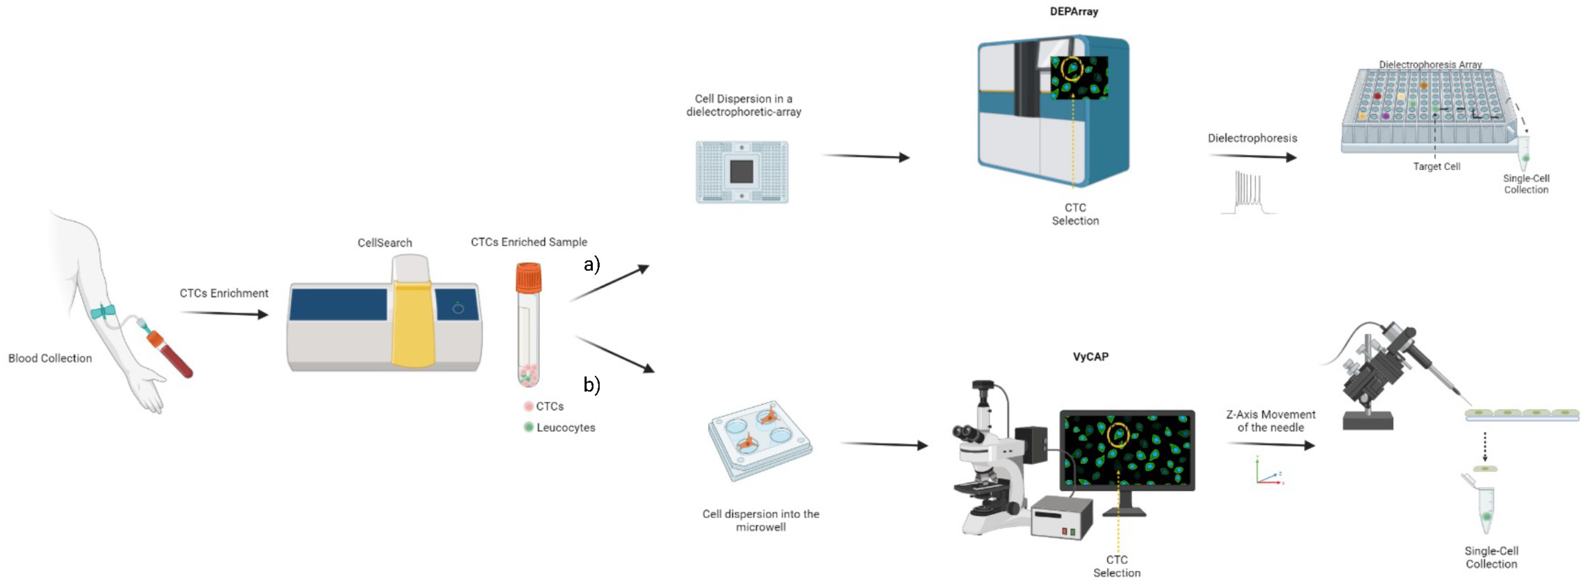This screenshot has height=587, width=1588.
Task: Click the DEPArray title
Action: (x=1074, y=11)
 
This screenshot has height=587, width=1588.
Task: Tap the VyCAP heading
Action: (x=1090, y=357)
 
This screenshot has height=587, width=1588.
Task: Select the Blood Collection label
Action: (x=50, y=358)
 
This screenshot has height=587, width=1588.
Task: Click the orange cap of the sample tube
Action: (x=528, y=277)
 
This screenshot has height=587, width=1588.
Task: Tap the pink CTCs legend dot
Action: (x=528, y=406)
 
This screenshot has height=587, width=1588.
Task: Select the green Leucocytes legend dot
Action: (x=528, y=427)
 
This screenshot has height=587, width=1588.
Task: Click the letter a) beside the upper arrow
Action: (x=591, y=265)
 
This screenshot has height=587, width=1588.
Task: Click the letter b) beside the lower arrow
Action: (x=591, y=385)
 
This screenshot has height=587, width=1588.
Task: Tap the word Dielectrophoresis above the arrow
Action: (x=1252, y=138)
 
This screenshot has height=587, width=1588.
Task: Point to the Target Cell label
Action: (x=1436, y=167)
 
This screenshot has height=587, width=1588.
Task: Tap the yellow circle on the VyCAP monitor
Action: (x=1118, y=435)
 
